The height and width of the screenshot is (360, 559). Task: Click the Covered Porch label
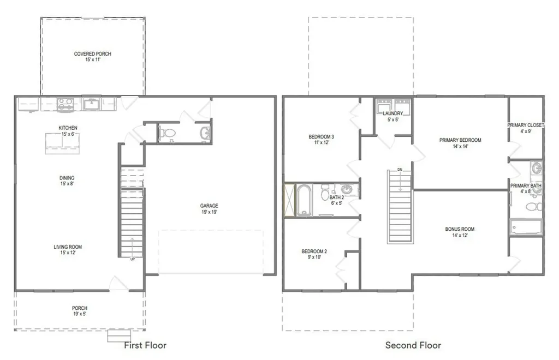pyautogui.click(x=92, y=57)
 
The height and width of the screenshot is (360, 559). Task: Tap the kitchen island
pyautogui.click(x=62, y=143)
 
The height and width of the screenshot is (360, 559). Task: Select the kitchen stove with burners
pyautogui.click(x=66, y=104)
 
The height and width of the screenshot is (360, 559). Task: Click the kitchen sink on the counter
pyautogui.click(x=92, y=104)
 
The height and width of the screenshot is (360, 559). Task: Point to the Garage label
pyautogui.click(x=209, y=209)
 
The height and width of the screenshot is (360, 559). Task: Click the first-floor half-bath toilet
pyautogui.click(x=167, y=133)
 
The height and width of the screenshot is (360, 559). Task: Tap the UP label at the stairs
pyautogui.click(x=133, y=259)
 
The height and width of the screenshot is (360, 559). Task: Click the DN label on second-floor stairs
pyautogui.click(x=400, y=170)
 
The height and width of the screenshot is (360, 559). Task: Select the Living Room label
pyautogui.click(x=68, y=250)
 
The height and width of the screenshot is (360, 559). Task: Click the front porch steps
pyautogui.click(x=119, y=335)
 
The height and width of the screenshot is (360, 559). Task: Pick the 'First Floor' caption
pyautogui.click(x=145, y=345)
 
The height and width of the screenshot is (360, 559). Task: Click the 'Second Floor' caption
pyautogui.click(x=413, y=345)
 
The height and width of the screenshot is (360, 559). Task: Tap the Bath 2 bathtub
pyautogui.click(x=304, y=200)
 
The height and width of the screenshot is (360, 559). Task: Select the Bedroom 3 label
pyautogui.click(x=321, y=140)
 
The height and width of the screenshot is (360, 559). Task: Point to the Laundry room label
pyautogui.click(x=393, y=116)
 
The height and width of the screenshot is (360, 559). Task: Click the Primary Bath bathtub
pyautogui.click(x=526, y=227)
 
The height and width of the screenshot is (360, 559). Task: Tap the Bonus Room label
pyautogui.click(x=460, y=232)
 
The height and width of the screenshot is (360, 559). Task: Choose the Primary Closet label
pyautogui.click(x=526, y=128)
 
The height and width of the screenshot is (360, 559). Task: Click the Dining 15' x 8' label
pyautogui.click(x=67, y=181)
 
